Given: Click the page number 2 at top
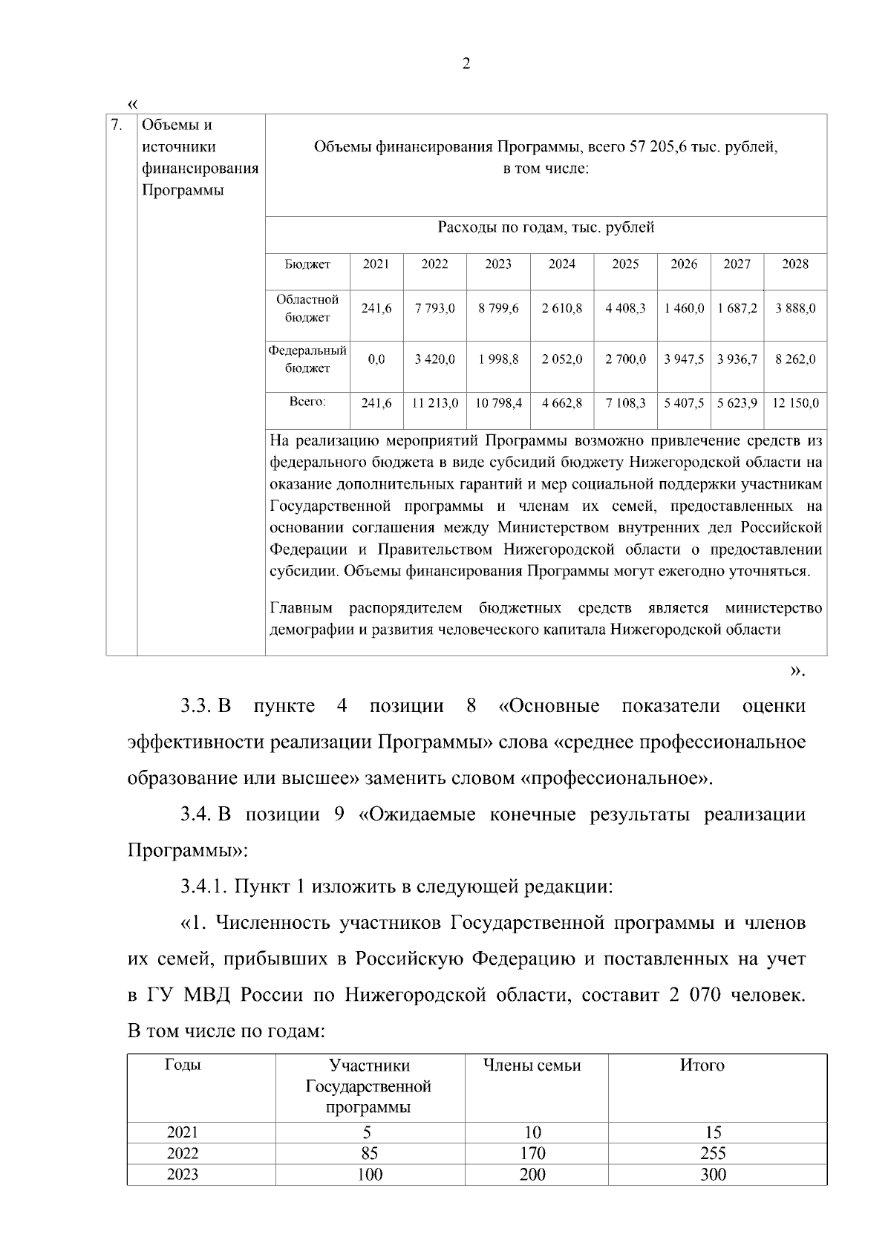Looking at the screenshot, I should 466,64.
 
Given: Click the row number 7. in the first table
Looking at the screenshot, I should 116,125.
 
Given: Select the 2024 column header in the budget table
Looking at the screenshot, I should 561,264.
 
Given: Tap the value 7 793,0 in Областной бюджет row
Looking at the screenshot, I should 434,308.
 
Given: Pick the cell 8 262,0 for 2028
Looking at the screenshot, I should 794,359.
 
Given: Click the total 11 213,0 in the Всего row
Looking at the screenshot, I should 434,403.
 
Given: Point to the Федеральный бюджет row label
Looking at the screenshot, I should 307,359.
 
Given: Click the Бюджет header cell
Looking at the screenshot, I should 307,264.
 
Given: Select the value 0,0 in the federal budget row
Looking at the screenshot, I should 376,359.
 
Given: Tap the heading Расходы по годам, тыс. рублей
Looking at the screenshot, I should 546,227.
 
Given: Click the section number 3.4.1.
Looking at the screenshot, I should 205,887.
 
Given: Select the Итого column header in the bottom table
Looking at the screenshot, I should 702,1065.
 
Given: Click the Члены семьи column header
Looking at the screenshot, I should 532,1065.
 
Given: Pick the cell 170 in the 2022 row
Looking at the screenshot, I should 532,1153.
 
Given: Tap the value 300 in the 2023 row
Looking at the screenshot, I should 713,1175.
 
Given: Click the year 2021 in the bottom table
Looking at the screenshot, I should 183,1132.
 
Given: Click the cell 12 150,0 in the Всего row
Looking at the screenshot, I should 795,403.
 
